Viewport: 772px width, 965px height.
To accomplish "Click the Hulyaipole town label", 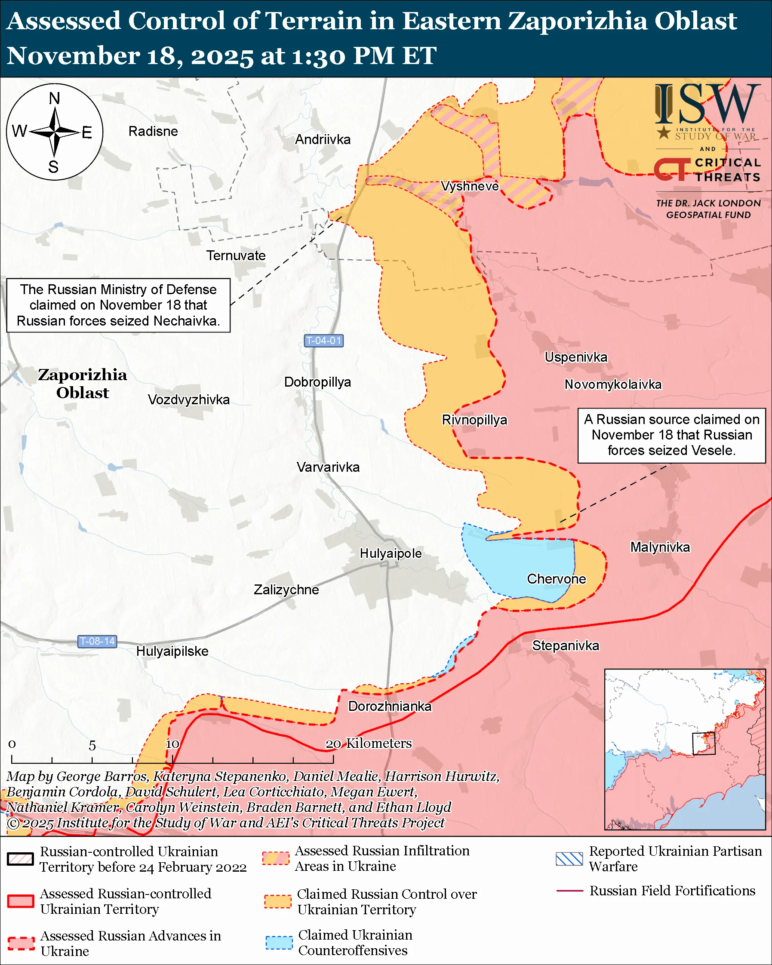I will (390, 553).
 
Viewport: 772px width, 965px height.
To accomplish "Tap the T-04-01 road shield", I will (323, 341).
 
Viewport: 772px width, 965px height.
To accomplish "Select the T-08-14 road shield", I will (97, 641).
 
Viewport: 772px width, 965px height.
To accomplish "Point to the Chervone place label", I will (556, 579).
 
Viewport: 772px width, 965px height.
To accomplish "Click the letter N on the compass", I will (54, 98).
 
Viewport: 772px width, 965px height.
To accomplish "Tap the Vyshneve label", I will (470, 186).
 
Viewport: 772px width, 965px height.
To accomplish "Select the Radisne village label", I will (153, 131).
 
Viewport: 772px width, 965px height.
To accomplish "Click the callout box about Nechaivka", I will (118, 305).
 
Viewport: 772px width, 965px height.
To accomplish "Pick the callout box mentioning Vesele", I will (671, 435).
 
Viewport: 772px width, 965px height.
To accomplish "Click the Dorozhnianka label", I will (390, 706).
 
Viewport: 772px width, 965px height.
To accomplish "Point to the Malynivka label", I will (660, 547).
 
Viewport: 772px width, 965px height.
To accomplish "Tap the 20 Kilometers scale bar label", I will (368, 744).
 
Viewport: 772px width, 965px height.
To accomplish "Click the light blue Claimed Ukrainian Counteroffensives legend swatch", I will (279, 943).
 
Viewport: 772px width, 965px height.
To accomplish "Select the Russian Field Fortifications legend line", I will (569, 891).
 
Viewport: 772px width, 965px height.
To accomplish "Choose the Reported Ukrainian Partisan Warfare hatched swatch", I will (569, 859).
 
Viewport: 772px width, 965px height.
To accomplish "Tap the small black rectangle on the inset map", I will (704, 744).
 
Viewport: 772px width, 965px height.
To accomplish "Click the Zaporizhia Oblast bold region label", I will (82, 384).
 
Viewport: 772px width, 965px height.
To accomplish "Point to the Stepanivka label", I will (565, 645).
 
